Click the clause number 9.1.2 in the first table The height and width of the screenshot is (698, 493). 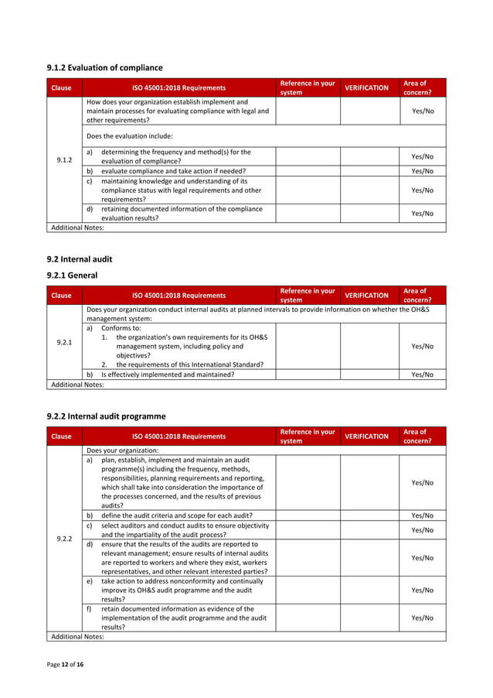pyautogui.click(x=65, y=160)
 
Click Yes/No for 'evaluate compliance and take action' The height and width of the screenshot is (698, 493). pyautogui.click(x=422, y=171)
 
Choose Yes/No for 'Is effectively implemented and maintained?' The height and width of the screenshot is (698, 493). pyautogui.click(x=422, y=375)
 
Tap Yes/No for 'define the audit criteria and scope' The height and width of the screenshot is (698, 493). pyautogui.click(x=422, y=515)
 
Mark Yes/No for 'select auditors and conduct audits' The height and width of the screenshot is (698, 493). pyautogui.click(x=422, y=530)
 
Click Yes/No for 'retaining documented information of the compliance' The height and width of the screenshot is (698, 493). pyautogui.click(x=422, y=214)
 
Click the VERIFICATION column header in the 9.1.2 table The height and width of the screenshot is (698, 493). pyautogui.click(x=366, y=88)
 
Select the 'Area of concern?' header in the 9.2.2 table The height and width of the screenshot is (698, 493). pyautogui.click(x=417, y=436)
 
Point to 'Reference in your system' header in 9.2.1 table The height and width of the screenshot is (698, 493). pyautogui.click(x=308, y=295)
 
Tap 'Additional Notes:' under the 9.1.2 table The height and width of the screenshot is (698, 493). pyautogui.click(x=77, y=228)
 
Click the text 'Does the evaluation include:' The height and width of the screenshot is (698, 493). pyautogui.click(x=130, y=136)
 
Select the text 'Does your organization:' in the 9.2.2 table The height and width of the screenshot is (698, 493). pyautogui.click(x=123, y=450)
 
